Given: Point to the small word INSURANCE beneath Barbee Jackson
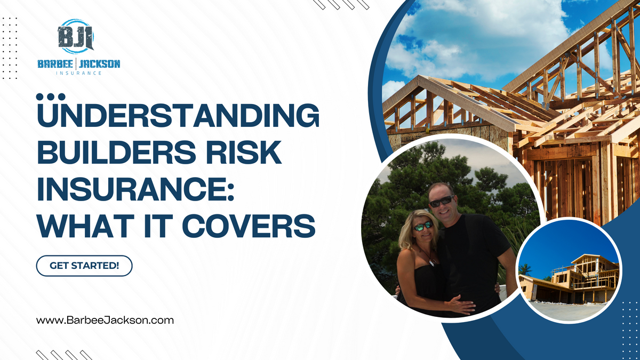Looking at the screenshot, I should [78, 73].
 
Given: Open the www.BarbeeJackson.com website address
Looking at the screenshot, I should [105, 321].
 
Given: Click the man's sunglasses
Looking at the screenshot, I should [442, 202].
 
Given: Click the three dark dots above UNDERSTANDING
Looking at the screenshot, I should [51, 97].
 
